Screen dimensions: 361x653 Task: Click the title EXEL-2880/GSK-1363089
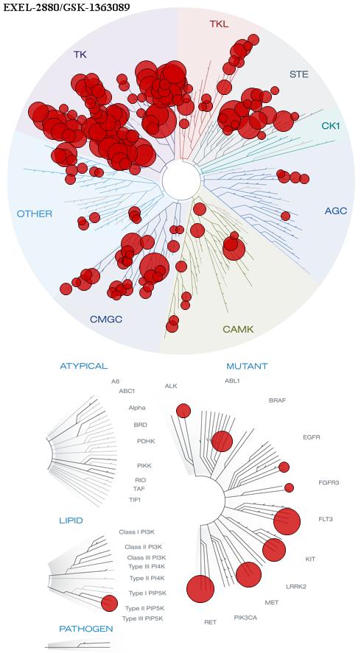(x=66, y=7)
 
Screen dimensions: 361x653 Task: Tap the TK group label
(x=80, y=54)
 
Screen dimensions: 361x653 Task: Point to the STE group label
(x=299, y=74)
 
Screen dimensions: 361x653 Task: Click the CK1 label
(x=331, y=125)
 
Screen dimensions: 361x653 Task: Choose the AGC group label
(x=335, y=211)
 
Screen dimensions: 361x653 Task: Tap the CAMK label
(x=238, y=330)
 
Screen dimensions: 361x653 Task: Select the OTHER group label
(x=35, y=214)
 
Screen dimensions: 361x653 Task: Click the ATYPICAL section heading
(x=84, y=366)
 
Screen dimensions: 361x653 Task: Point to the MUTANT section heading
(x=247, y=367)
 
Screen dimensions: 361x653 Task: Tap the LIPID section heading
(x=71, y=520)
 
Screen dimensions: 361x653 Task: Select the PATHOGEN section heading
(x=86, y=629)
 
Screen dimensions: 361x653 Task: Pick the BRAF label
(x=278, y=400)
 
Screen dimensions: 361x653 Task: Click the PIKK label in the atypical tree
(x=144, y=465)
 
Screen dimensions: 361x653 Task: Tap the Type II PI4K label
(x=147, y=578)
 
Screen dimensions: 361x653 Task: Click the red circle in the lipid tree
(x=109, y=603)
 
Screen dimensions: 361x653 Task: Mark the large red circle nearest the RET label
(x=200, y=589)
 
